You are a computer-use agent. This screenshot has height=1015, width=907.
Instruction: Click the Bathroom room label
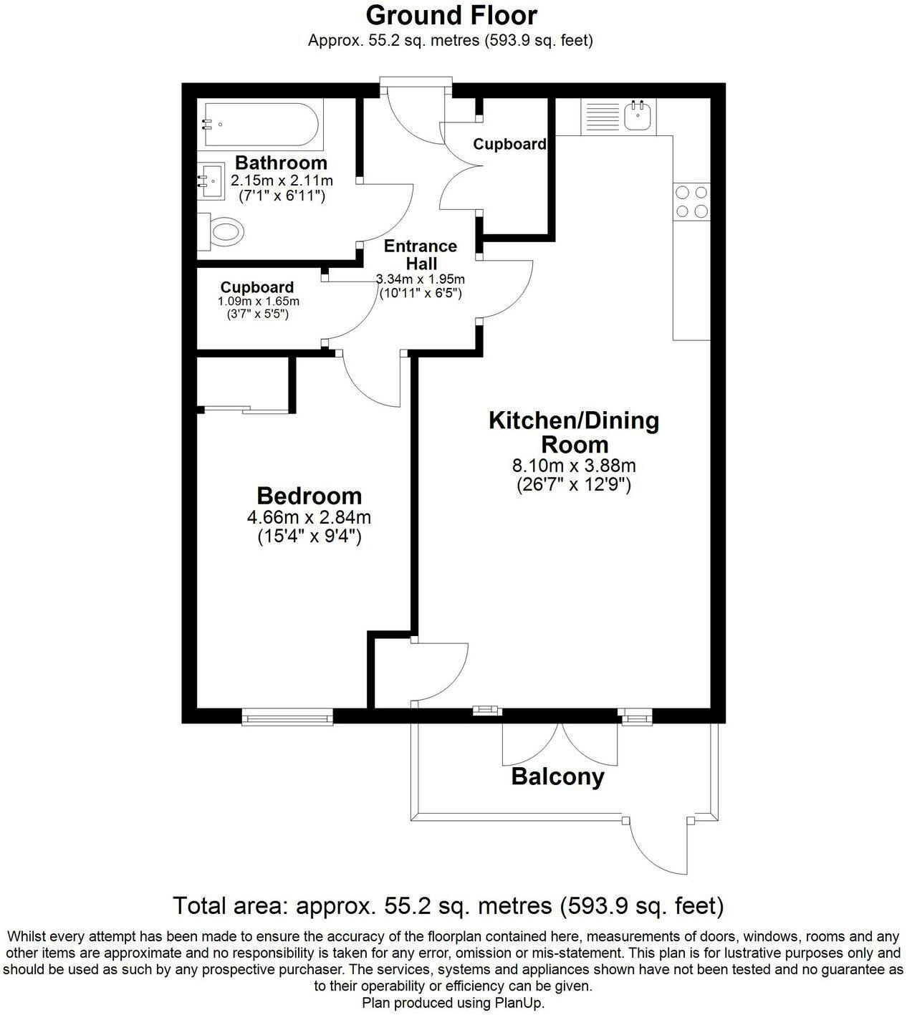pos(281,163)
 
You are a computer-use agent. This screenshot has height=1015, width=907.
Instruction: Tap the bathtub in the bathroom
pos(261,124)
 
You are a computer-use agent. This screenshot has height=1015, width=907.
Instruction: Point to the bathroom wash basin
pos(211,181)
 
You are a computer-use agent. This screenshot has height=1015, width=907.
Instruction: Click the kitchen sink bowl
pos(638,116)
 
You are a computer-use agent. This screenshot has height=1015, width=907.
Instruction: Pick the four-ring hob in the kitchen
pos(691,201)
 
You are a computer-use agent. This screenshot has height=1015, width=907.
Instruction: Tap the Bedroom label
pos(309,496)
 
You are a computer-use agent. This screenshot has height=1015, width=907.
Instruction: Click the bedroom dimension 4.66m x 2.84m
pos(309,516)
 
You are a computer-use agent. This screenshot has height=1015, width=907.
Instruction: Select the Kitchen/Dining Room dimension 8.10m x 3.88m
pos(574,466)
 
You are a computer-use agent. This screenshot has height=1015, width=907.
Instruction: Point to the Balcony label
pos(557,777)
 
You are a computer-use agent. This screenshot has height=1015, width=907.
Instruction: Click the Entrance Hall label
pos(421,254)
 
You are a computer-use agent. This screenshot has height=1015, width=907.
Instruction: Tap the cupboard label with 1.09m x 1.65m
pos(257,287)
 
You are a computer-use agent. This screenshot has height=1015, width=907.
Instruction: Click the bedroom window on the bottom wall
pos(287,717)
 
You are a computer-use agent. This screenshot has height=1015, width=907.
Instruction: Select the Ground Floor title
pos(451,16)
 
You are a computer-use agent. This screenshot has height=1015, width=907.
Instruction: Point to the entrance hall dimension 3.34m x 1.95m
pos(421,279)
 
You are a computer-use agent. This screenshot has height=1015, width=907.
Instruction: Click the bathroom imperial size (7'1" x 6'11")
pos(282,196)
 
